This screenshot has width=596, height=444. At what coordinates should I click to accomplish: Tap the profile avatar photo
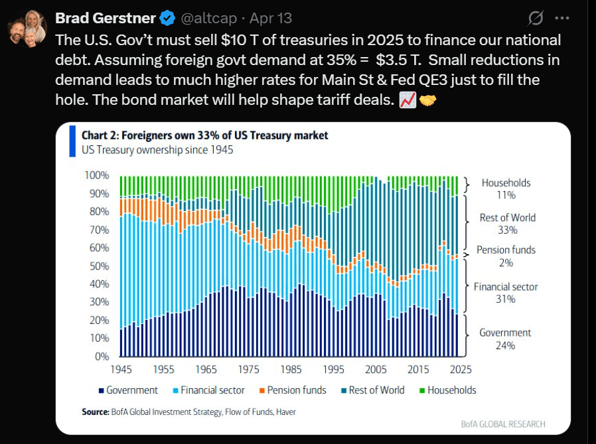click(27, 28)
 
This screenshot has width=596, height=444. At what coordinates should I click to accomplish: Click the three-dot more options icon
click(561, 18)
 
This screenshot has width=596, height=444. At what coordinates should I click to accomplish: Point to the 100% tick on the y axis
click(96, 175)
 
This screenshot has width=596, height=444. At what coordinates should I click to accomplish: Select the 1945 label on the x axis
click(120, 369)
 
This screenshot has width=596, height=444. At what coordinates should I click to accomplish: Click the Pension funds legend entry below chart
click(292, 390)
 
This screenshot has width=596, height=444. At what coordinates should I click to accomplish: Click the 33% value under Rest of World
click(507, 230)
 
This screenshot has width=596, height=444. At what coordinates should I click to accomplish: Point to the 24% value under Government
click(506, 345)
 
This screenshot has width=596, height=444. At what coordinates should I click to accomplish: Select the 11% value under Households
click(506, 195)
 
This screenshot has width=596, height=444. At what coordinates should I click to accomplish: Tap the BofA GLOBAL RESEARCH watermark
click(503, 424)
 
